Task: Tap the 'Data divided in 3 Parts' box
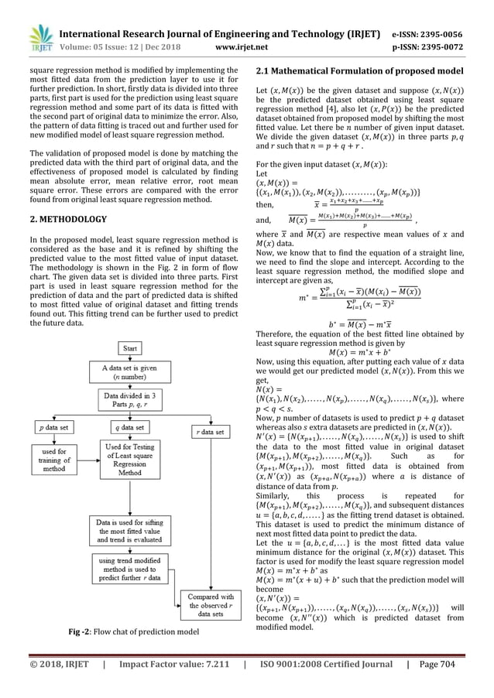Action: [x=129, y=400]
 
